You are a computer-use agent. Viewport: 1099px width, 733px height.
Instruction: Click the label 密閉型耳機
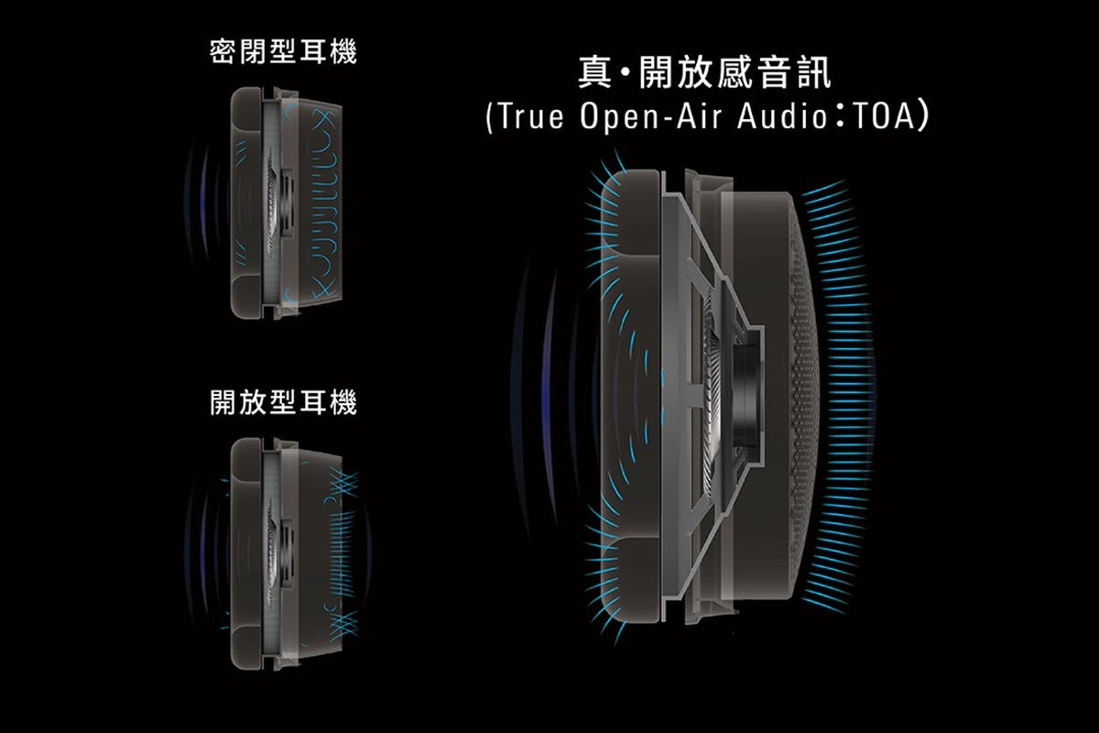click(283, 52)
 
